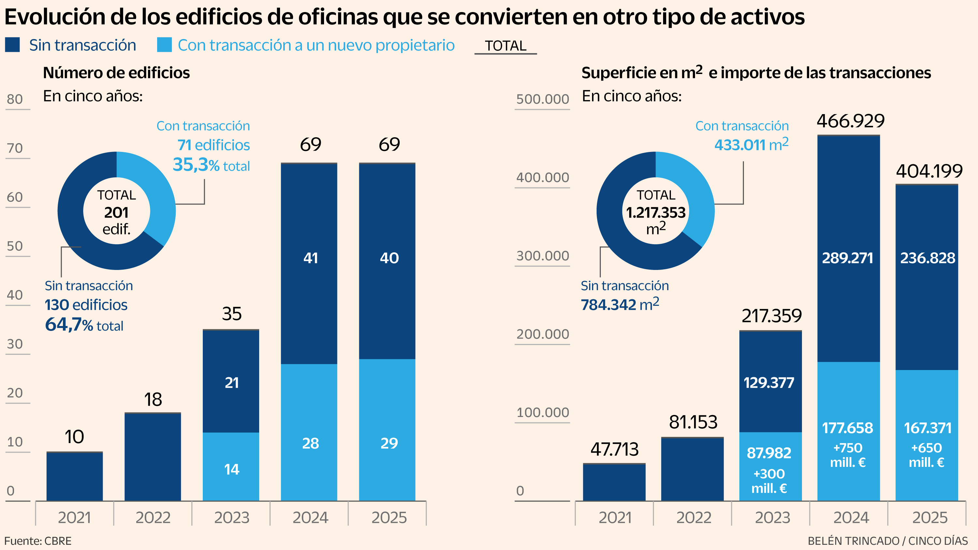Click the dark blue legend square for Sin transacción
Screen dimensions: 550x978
pos(12,45)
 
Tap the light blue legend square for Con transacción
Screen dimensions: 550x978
pos(164,45)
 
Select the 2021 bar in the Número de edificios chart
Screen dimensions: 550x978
pos(74,476)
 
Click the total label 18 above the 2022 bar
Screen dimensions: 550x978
pos(153,399)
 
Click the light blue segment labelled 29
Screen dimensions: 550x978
pos(389,443)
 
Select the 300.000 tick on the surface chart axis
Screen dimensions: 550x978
pos(542,256)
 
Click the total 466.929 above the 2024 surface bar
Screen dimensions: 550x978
pos(851,121)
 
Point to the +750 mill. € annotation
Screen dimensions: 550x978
pos(848,455)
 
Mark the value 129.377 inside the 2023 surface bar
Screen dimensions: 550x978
pos(769,383)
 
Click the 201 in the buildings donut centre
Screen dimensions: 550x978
pos(116,213)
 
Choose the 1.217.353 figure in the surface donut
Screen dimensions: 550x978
pos(656,213)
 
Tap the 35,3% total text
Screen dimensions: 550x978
pos(211,165)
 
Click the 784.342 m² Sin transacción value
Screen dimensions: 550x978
pos(620,305)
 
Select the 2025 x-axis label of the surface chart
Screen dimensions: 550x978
pos(929,518)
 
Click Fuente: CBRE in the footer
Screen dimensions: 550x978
pos(38,541)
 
